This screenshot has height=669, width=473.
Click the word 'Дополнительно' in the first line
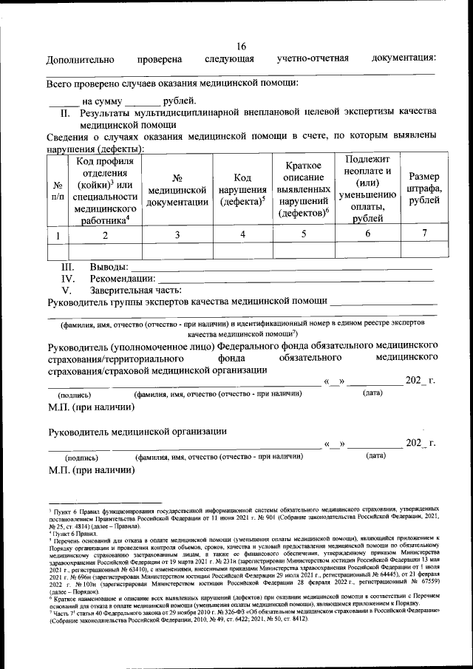[80, 59]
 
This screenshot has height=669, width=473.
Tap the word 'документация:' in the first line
[404, 58]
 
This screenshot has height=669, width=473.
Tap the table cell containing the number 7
[423, 234]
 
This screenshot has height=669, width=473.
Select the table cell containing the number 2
[105, 234]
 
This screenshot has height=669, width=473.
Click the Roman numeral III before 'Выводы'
[68, 266]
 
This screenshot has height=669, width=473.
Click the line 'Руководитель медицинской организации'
[137, 432]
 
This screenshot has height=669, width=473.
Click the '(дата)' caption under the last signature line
[375, 455]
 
